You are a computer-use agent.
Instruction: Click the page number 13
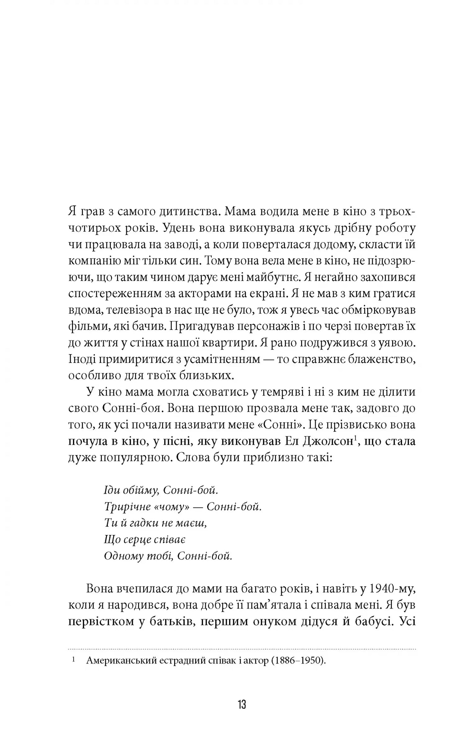click(x=242, y=704)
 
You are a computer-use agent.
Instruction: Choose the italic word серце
click(x=133, y=540)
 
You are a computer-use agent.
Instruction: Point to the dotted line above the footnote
click(x=242, y=649)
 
